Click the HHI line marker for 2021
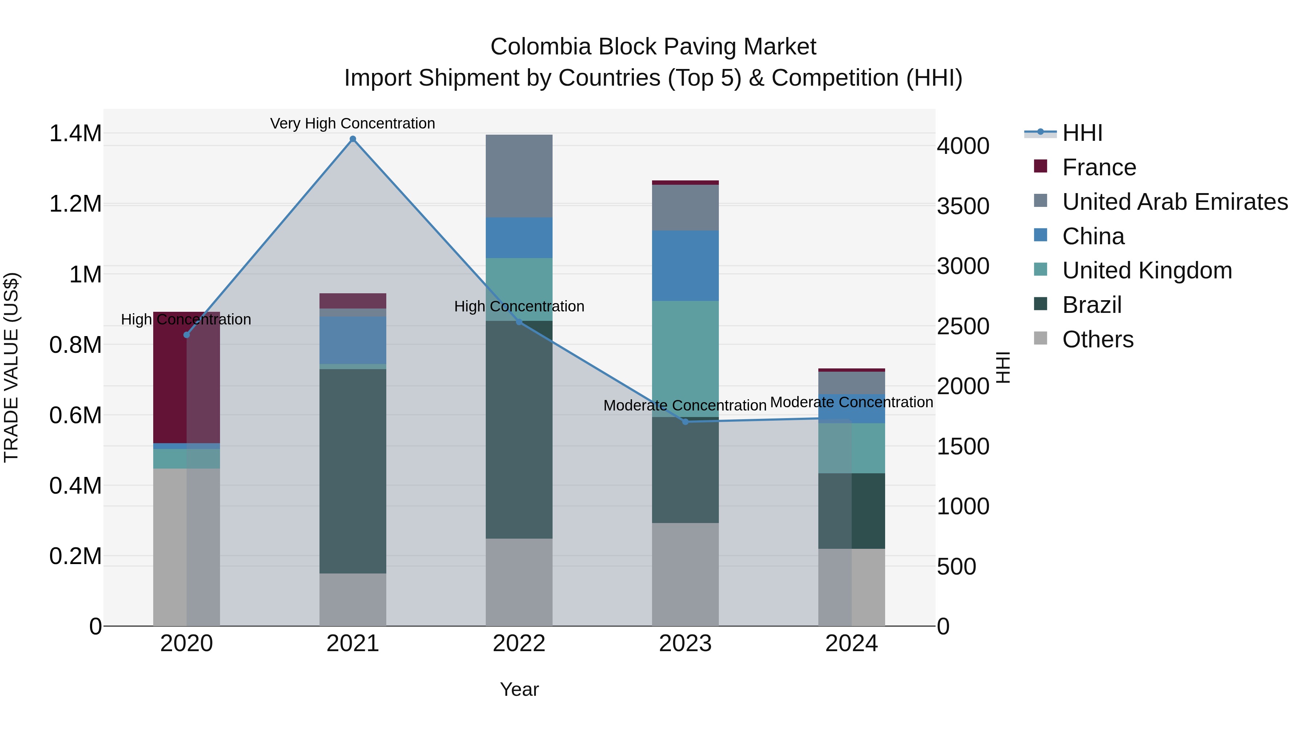(x=353, y=139)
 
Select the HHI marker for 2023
(x=685, y=421)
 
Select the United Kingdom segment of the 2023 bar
(x=685, y=359)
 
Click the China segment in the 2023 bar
(x=685, y=265)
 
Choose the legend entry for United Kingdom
(x=1147, y=270)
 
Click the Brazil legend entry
(x=1091, y=305)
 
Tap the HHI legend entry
(x=1082, y=133)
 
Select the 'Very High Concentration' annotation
(x=353, y=123)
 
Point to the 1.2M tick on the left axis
(x=75, y=204)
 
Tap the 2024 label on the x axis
(x=851, y=644)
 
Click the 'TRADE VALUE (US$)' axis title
(x=11, y=367)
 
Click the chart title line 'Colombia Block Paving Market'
(x=653, y=47)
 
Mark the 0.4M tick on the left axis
(x=75, y=485)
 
